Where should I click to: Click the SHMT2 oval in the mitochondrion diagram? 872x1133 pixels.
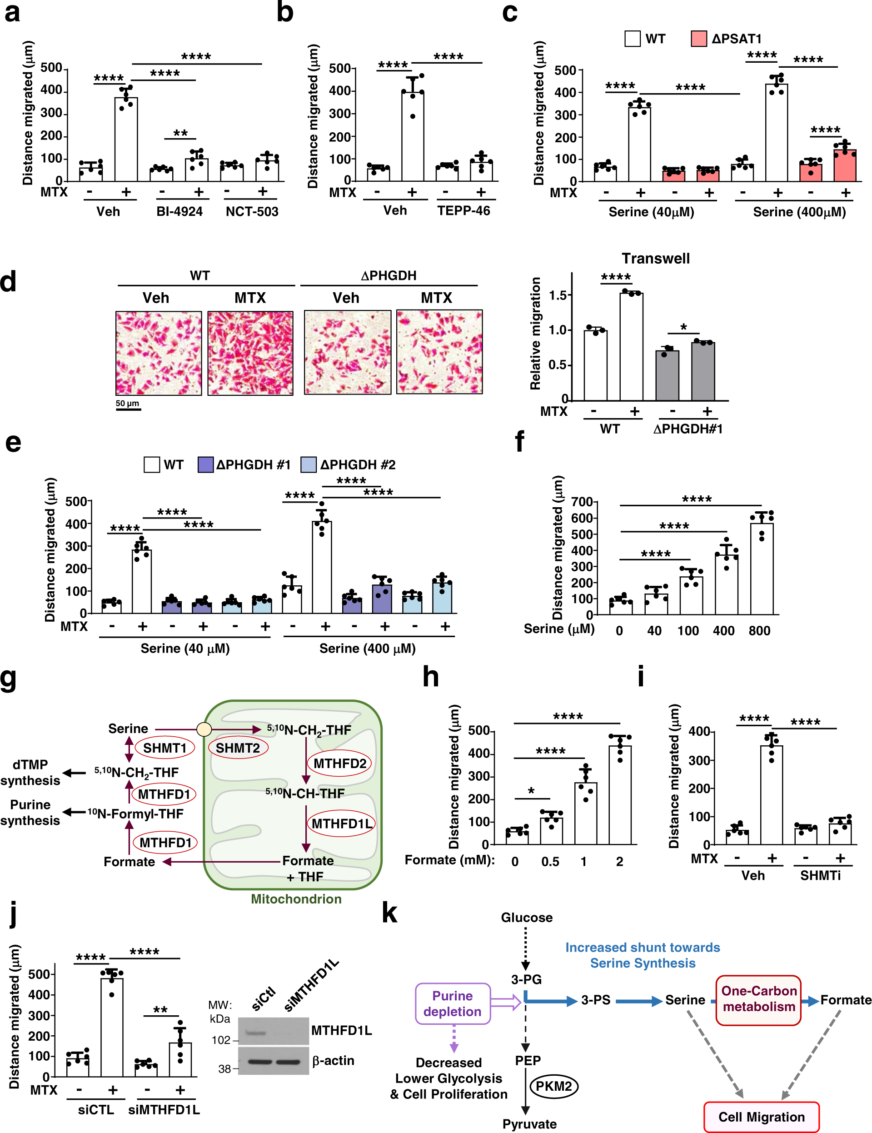coord(238,748)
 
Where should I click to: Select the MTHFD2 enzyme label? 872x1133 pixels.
coord(340,763)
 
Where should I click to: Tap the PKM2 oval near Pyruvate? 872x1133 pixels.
coord(553,1086)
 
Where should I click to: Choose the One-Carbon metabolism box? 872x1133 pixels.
coord(758,998)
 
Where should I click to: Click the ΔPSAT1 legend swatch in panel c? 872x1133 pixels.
coord(698,39)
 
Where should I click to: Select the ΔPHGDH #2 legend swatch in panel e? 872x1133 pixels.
coord(309,464)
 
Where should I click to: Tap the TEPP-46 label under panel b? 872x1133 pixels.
coord(463,210)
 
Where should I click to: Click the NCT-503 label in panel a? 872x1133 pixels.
coord(252,212)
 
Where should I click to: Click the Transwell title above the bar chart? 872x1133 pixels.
coord(656,258)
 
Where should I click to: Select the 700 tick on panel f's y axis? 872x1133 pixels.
coord(582,502)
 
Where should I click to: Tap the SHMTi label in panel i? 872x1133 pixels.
coord(820,875)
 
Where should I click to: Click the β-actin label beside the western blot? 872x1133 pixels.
coord(333,1060)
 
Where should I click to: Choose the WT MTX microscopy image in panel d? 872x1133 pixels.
coord(250,353)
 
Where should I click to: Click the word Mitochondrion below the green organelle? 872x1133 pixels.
coord(296,898)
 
